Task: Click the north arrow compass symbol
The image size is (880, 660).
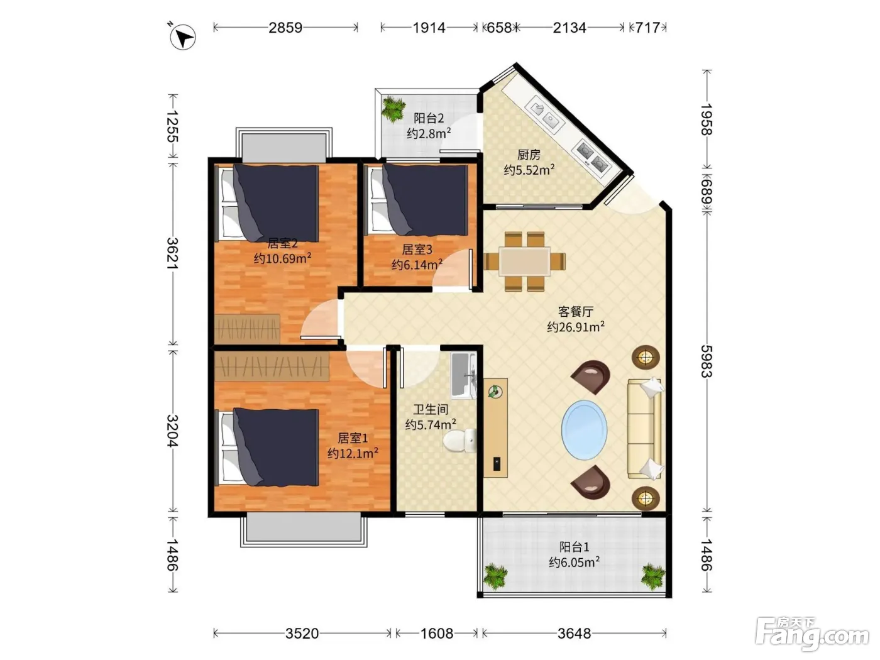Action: (x=182, y=37)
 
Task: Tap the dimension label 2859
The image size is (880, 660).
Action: (x=285, y=28)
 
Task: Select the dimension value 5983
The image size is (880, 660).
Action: (x=707, y=361)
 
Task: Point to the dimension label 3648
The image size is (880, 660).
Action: (x=574, y=633)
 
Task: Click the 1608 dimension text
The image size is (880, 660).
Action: (x=437, y=633)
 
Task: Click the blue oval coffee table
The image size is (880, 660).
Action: (x=584, y=429)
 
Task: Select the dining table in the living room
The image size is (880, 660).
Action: (x=524, y=261)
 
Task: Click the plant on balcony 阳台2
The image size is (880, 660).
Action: (x=393, y=109)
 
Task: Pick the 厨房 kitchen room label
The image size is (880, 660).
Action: (x=529, y=155)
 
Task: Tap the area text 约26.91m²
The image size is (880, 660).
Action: (x=576, y=327)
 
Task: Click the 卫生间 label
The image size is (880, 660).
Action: (x=431, y=409)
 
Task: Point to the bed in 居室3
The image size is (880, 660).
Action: (x=419, y=200)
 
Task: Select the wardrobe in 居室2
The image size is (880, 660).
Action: (x=247, y=329)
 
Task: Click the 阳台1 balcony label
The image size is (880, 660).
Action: (x=574, y=547)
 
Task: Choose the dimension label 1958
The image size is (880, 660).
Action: (x=707, y=119)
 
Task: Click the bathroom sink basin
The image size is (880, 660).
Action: (x=463, y=375)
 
